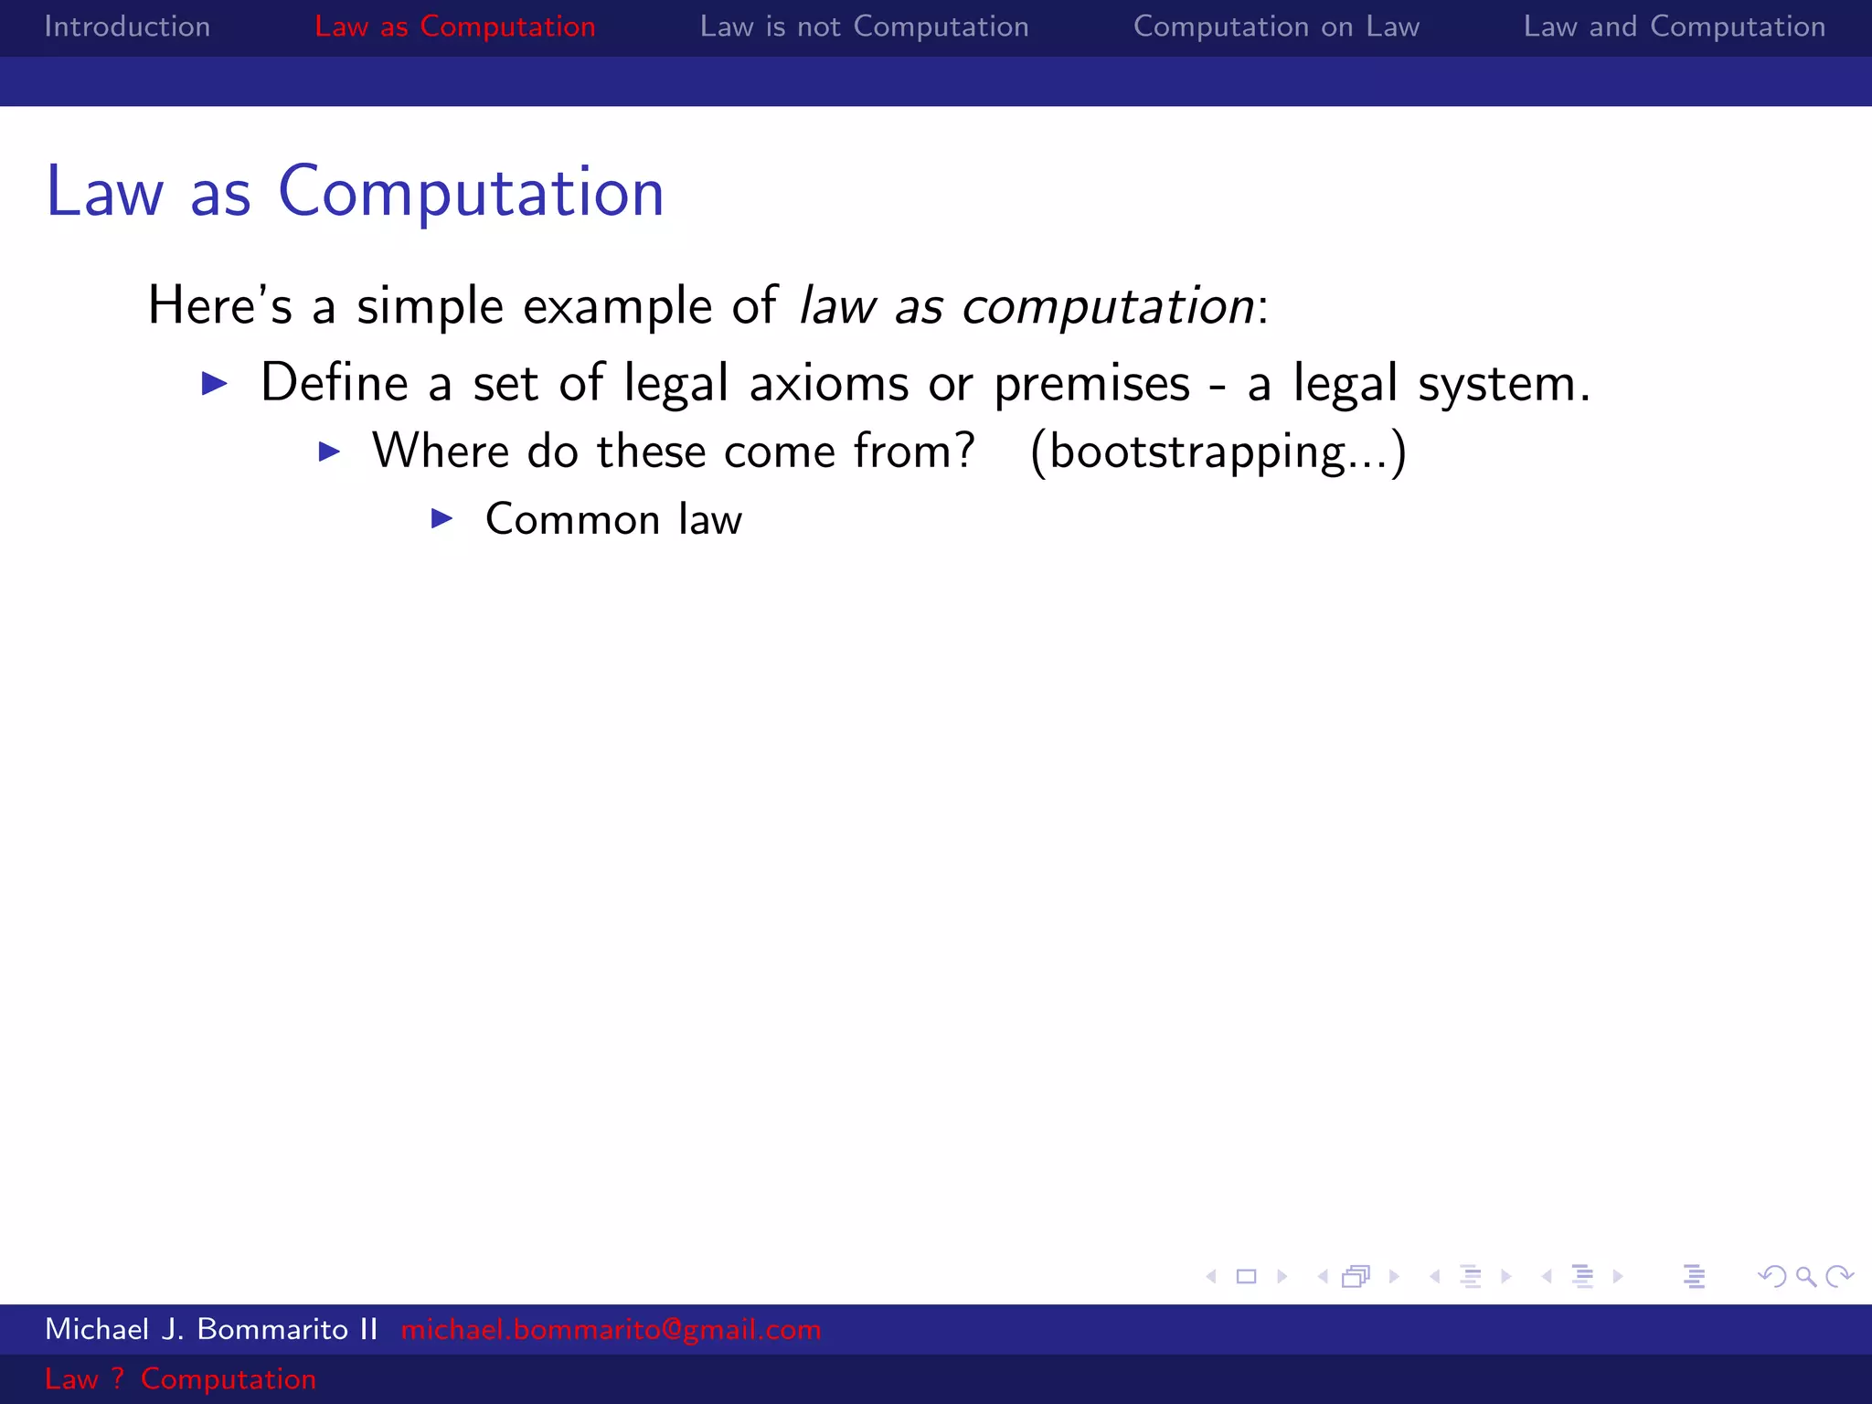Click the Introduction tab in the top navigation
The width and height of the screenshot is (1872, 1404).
(127, 27)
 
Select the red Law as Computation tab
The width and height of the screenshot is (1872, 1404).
(454, 27)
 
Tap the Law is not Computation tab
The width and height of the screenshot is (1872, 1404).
(864, 27)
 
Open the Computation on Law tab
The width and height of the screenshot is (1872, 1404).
(1276, 27)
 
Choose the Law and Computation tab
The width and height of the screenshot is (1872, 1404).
(1674, 27)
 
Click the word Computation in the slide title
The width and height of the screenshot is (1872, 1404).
(471, 192)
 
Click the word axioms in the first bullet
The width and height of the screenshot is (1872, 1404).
(828, 382)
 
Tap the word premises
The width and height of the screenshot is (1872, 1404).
(1091, 384)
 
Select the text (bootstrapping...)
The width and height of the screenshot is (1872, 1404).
(1218, 452)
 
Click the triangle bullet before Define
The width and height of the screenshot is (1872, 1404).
(214, 383)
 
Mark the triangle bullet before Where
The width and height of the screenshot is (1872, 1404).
(329, 452)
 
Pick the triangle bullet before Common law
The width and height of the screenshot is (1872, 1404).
(442, 519)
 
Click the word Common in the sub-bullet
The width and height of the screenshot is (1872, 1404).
(572, 519)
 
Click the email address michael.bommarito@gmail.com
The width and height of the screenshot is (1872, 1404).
(611, 1329)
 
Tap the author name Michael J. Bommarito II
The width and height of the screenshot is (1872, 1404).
(211, 1329)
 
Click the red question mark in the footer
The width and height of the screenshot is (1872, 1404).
(117, 1378)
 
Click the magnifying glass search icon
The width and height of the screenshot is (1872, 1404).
(1805, 1276)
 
